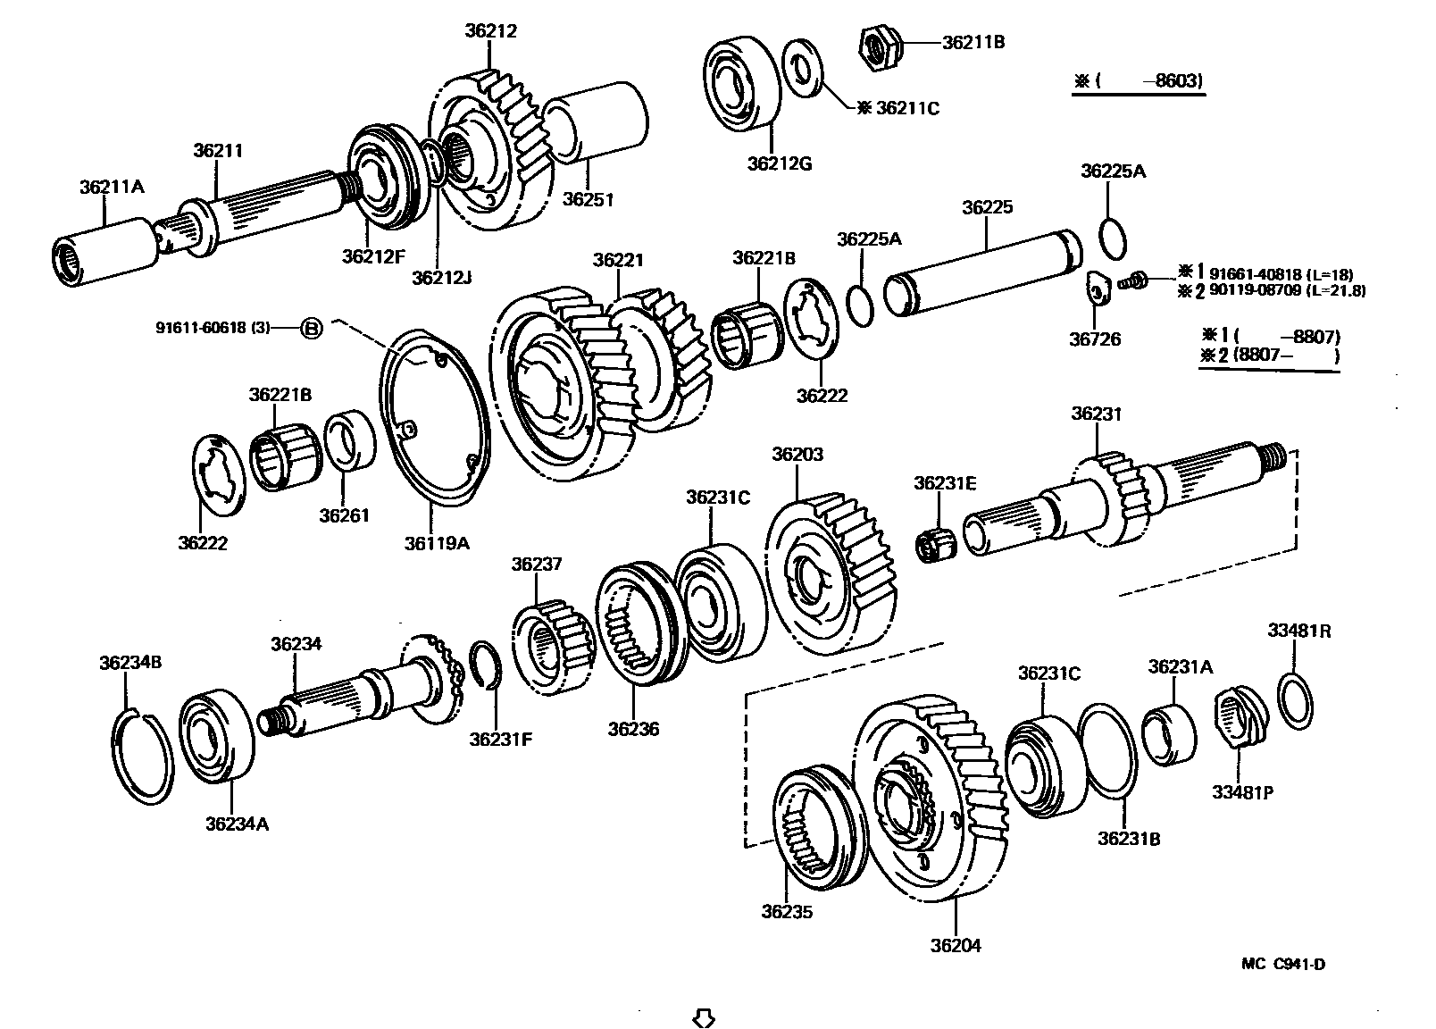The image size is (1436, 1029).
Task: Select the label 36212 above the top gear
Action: pyautogui.click(x=490, y=30)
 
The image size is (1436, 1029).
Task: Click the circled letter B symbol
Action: pyautogui.click(x=310, y=328)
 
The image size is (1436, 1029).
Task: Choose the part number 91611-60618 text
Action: pyautogui.click(x=213, y=328)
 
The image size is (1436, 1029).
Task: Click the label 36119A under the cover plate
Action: pyautogui.click(x=437, y=542)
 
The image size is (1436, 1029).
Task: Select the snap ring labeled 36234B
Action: pyautogui.click(x=144, y=755)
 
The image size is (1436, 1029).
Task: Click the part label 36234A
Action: pyautogui.click(x=237, y=824)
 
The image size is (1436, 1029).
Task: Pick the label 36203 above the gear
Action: pyautogui.click(x=797, y=454)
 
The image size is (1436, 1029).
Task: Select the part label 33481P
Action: pyautogui.click(x=1241, y=791)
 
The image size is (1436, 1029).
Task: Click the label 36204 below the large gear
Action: pyautogui.click(x=955, y=944)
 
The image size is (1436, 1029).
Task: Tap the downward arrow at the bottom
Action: pyautogui.click(x=704, y=1017)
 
